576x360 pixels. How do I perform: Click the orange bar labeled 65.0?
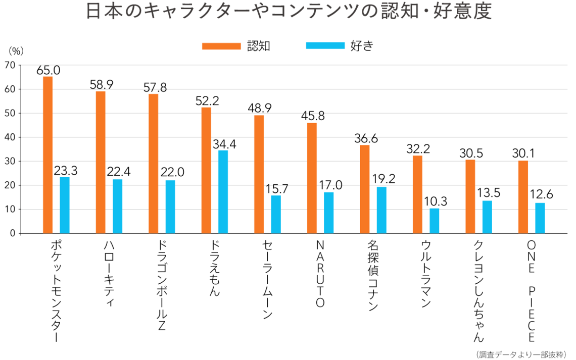48,155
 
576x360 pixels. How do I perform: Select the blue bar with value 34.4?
223,192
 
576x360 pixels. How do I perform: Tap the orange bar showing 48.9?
259,174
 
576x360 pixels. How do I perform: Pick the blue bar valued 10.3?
434,221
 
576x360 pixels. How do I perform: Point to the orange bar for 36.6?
364,189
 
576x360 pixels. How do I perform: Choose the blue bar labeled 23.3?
65,205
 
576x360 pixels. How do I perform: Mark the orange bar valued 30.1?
523,197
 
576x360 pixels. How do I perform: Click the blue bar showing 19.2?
381,210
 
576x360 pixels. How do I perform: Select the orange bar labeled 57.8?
153,164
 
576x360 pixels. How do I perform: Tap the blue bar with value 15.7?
276,214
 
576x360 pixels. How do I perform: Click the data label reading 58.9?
101,84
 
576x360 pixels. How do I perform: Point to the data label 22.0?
171,173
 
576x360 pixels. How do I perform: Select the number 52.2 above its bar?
207,100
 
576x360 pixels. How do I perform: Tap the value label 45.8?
312,116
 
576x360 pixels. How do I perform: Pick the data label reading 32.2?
417,149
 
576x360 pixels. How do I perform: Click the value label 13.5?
487,193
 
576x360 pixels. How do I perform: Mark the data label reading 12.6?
540,195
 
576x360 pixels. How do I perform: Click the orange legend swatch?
221,46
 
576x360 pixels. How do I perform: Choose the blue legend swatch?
325,46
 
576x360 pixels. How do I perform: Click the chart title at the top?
289,12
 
